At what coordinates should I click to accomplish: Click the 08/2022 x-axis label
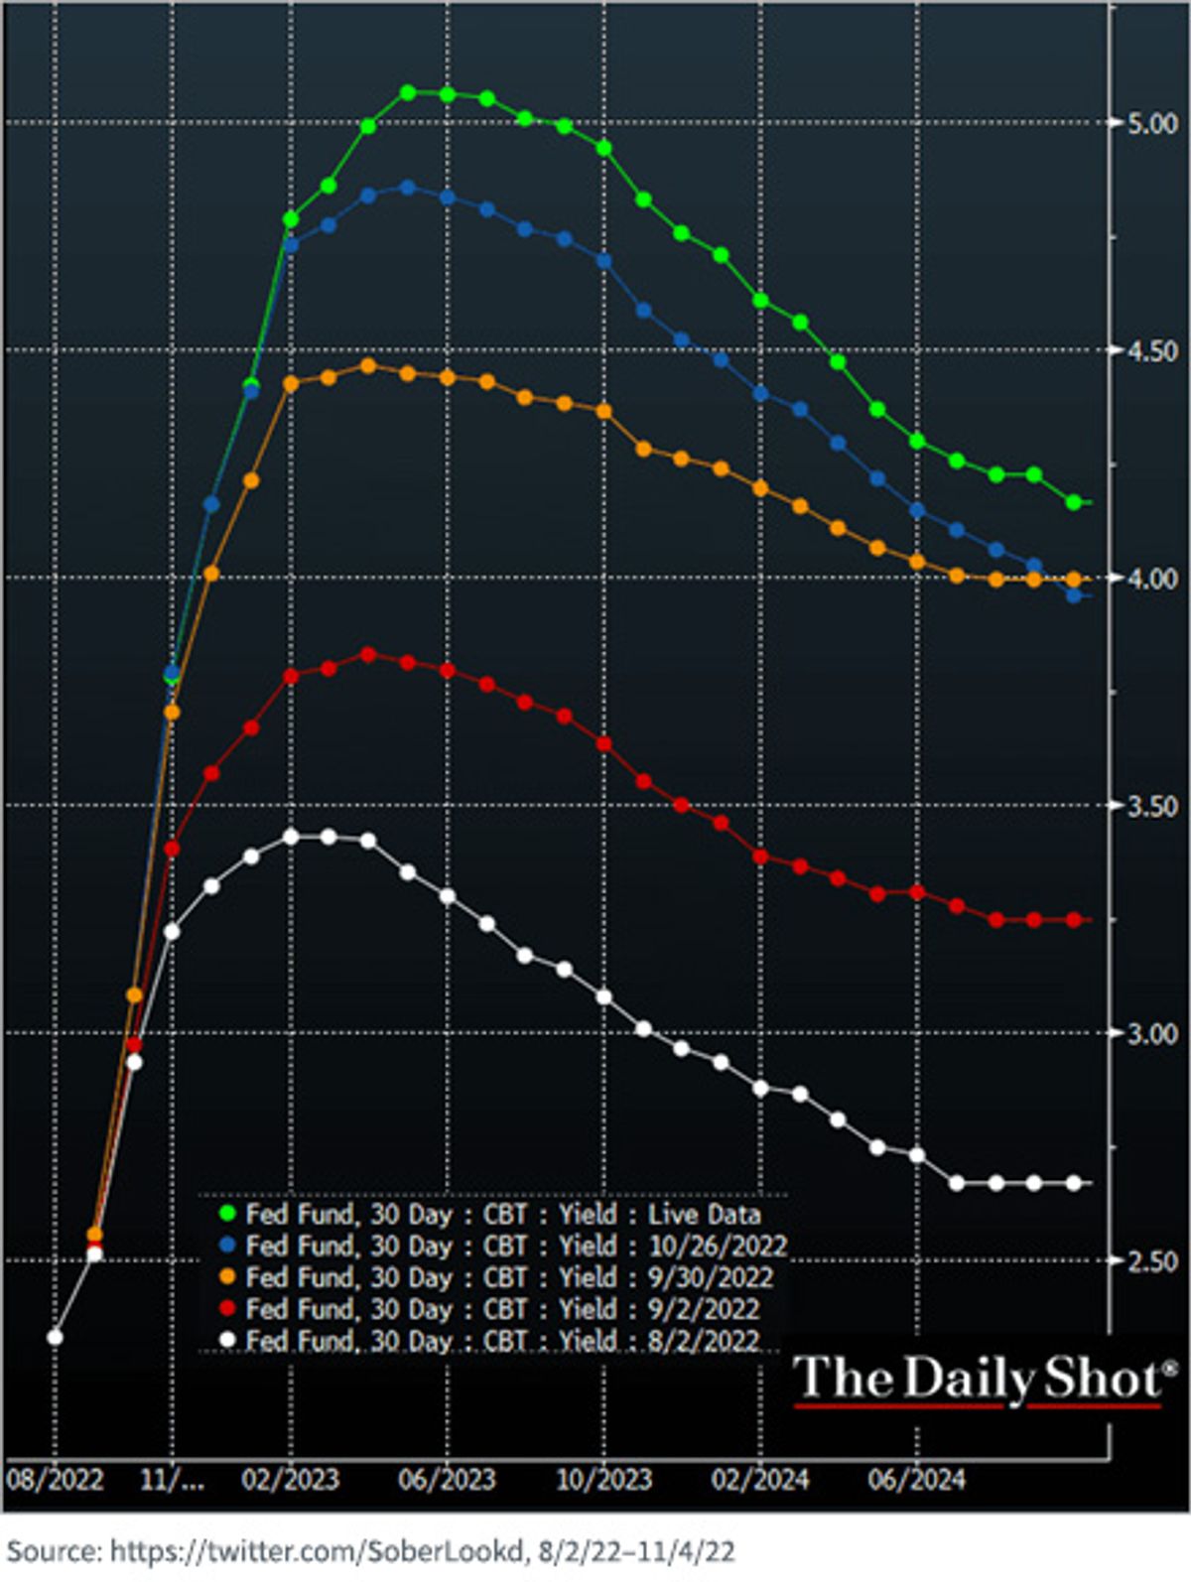(x=55, y=1481)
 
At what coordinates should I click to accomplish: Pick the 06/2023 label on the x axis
(x=447, y=1481)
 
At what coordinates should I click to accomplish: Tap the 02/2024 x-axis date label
(x=760, y=1481)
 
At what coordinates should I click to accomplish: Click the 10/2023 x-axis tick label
(x=603, y=1481)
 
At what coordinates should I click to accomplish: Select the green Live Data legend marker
(x=227, y=1215)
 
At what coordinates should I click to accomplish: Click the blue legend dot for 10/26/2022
(x=227, y=1247)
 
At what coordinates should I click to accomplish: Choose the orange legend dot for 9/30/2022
(x=227, y=1277)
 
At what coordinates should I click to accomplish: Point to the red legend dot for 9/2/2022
(x=227, y=1309)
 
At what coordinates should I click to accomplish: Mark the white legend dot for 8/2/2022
(x=227, y=1341)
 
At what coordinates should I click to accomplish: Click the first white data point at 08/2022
(x=55, y=1338)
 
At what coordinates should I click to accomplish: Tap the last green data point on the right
(x=1074, y=502)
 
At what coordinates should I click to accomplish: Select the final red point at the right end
(x=1074, y=920)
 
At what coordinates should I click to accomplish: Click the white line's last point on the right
(x=1074, y=1183)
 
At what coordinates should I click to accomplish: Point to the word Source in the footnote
(x=54, y=1551)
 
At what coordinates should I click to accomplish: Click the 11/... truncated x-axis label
(x=172, y=1481)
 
